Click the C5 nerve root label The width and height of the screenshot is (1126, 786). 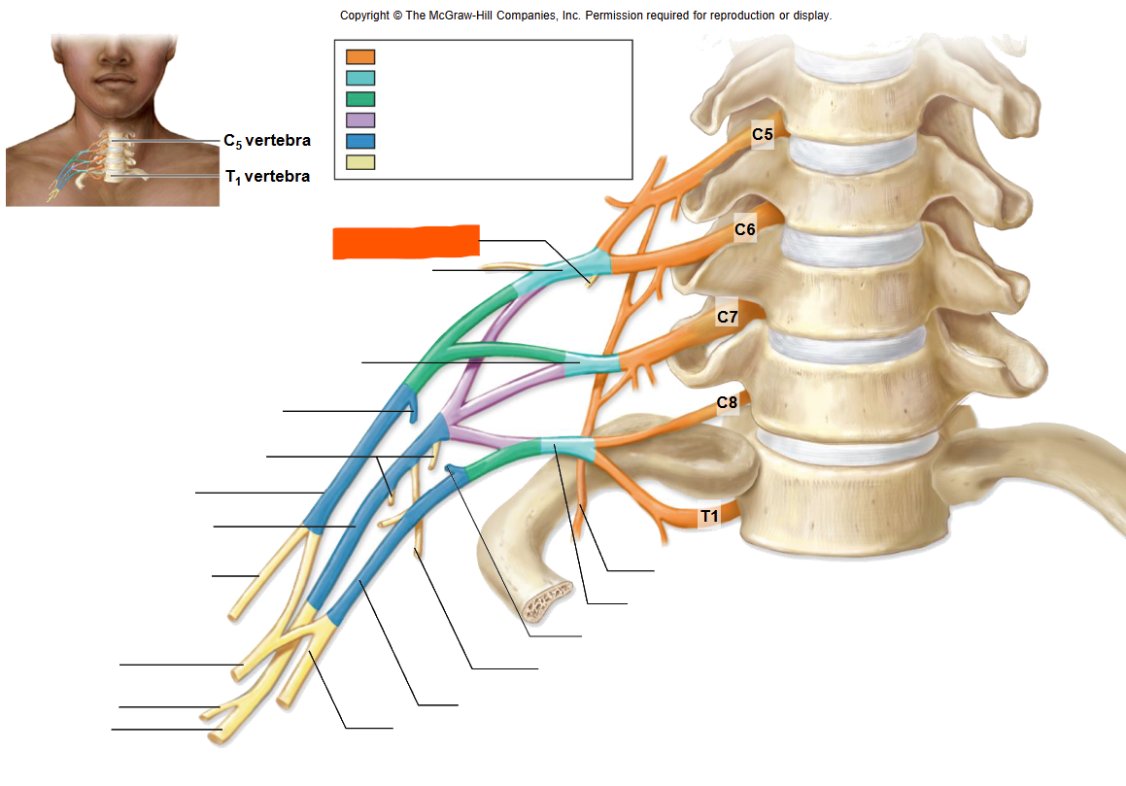click(x=763, y=134)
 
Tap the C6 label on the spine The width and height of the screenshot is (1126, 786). click(x=745, y=230)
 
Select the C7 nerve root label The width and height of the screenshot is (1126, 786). click(x=728, y=317)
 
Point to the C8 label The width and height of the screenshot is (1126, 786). click(x=727, y=403)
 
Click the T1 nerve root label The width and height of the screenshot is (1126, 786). click(x=709, y=516)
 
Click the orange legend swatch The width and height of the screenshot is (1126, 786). click(x=360, y=56)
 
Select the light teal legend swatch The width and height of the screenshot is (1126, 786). click(x=360, y=78)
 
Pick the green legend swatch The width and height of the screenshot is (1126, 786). click(x=360, y=99)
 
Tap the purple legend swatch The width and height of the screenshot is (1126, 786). click(x=360, y=120)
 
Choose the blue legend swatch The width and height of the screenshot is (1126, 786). click(x=360, y=141)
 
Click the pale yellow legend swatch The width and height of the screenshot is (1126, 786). click(x=360, y=161)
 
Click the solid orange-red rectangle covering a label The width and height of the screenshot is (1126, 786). click(x=406, y=241)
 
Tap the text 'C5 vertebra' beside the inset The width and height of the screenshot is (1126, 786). click(x=267, y=141)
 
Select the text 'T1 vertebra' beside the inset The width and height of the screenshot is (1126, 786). click(x=268, y=177)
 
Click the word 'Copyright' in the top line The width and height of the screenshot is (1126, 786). click(x=364, y=16)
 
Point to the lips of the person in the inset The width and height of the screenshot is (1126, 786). click(x=115, y=79)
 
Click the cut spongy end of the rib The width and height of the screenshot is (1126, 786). click(x=547, y=602)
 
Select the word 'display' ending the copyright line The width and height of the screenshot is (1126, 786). click(x=812, y=16)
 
